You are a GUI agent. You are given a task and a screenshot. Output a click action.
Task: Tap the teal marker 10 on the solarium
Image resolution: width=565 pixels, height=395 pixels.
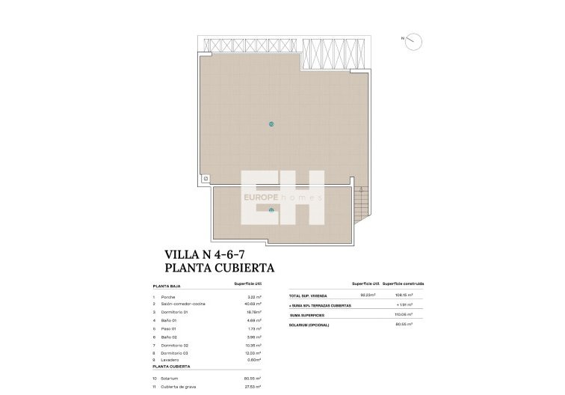[x=271, y=124]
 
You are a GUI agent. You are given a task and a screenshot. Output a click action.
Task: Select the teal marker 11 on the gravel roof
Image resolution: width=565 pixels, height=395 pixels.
[x=271, y=210]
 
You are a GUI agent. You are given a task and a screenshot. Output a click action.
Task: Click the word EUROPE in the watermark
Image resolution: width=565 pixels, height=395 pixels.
[x=261, y=197]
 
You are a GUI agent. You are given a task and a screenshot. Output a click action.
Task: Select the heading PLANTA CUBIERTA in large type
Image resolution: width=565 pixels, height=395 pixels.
[x=219, y=267]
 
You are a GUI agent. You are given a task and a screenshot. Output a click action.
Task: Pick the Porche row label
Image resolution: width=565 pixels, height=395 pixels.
[x=167, y=297]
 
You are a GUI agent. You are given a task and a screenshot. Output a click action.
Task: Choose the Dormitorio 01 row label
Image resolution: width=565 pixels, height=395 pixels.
[x=173, y=312]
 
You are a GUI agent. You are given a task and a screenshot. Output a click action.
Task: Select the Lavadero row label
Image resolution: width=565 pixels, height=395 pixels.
[x=169, y=359]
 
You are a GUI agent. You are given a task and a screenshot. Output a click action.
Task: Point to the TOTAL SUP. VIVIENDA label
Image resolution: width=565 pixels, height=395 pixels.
[x=309, y=296]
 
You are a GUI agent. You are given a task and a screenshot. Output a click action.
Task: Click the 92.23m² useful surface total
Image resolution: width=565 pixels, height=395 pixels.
[x=367, y=296]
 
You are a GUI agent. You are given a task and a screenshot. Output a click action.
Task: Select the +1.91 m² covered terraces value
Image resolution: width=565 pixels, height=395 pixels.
[x=404, y=305]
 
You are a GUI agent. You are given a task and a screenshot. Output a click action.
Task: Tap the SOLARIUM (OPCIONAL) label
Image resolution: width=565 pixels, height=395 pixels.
[x=309, y=325]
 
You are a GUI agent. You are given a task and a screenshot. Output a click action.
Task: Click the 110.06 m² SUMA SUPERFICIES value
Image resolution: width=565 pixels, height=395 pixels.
[x=403, y=315]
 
